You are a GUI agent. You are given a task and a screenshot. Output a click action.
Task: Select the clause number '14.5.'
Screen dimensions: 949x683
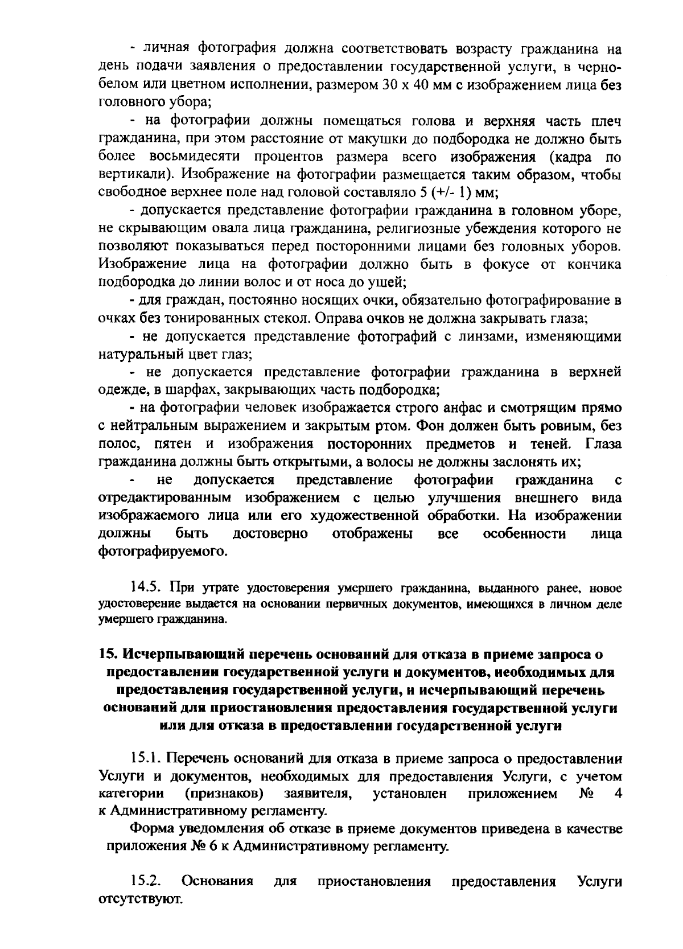pyautogui.click(x=147, y=587)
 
